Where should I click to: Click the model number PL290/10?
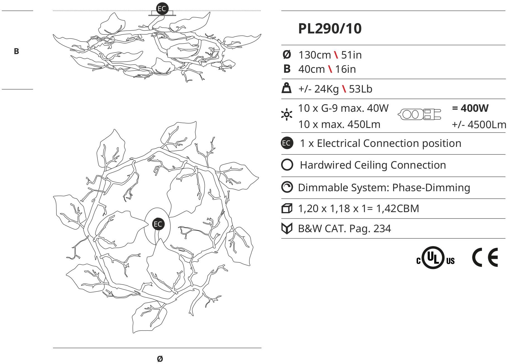tap(330, 28)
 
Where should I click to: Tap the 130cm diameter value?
tap(315, 55)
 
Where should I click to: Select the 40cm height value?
tap(312, 69)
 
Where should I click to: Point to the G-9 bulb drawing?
tap(419, 114)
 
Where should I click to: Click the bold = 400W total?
tap(470, 108)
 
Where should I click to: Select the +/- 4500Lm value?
tap(479, 125)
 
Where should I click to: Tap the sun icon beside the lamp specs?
tap(287, 115)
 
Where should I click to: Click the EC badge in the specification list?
tap(287, 143)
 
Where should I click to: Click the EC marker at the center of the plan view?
tap(158, 224)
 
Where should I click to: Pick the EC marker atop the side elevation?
tap(162, 9)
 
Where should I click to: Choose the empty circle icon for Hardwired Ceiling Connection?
tap(287, 165)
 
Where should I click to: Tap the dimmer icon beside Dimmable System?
tap(287, 187)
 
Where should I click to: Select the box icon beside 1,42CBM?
tap(287, 208)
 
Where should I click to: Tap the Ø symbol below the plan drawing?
tap(160, 359)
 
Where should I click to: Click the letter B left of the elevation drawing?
tap(16, 51)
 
